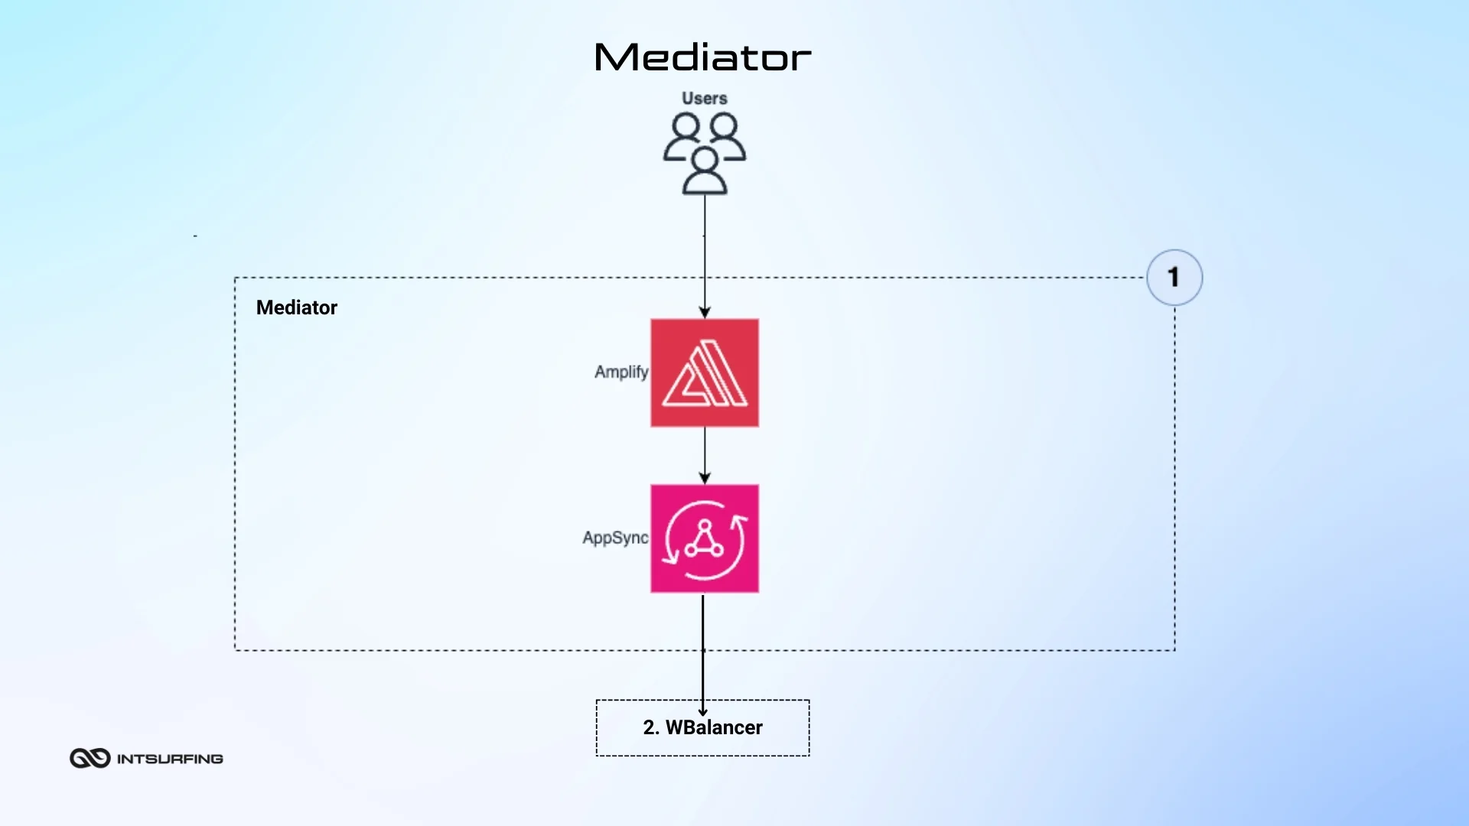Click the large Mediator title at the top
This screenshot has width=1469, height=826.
pos(702,57)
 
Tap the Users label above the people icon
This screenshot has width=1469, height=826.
pos(704,99)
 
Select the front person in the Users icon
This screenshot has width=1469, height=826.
pos(705,172)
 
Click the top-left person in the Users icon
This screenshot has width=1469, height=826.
pos(684,136)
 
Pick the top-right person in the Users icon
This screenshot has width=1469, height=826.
pos(725,136)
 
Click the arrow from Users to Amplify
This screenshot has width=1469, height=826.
pos(705,252)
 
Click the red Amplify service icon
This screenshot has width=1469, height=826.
pos(705,372)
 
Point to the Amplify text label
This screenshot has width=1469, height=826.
pos(620,372)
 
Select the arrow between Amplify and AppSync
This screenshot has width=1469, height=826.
pos(705,454)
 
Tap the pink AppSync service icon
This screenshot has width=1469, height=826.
pos(705,538)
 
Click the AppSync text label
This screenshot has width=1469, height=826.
pos(614,538)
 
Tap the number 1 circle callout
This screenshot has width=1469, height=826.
pos(1174,278)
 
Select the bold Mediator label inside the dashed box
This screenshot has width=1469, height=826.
pos(296,307)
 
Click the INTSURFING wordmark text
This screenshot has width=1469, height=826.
pos(170,759)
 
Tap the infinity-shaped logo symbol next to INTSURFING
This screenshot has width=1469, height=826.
pos(90,758)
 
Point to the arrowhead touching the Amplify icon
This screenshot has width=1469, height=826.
pos(705,313)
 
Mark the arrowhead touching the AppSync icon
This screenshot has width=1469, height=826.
pos(705,479)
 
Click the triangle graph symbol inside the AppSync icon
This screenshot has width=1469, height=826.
pos(704,540)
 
